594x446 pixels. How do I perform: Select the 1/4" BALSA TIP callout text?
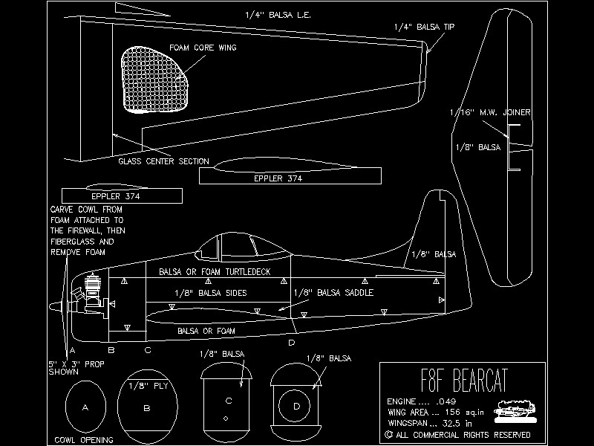425,27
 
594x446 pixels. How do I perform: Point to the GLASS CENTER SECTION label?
163,161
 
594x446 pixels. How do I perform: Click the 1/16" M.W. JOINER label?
490,112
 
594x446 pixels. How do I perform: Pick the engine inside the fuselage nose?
94,294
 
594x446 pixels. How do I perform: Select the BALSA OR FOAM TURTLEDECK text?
214,272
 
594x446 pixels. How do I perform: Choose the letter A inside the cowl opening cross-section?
85,407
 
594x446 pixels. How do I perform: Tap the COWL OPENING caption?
84,440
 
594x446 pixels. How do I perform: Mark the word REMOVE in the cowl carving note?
65,252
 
